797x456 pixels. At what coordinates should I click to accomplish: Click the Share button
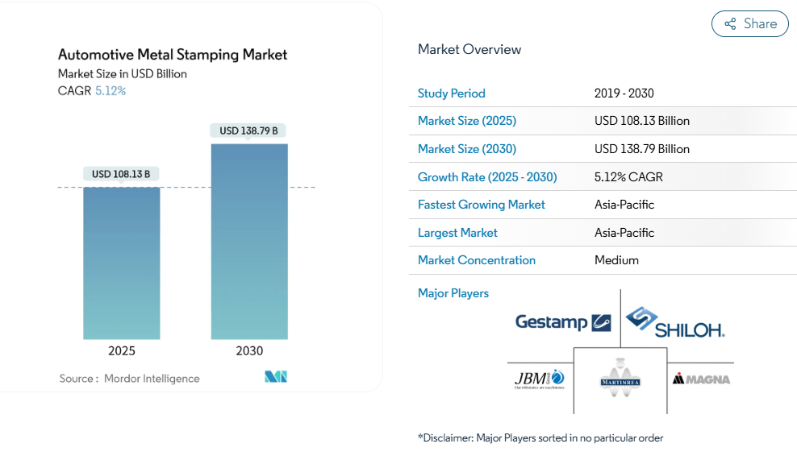point(749,24)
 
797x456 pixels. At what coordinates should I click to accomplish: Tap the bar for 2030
point(249,242)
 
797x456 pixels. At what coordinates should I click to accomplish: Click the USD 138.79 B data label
point(248,131)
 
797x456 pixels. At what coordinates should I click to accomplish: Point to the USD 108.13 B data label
point(121,174)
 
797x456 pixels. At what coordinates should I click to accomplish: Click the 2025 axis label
point(122,351)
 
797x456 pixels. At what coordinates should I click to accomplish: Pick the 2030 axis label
point(249,351)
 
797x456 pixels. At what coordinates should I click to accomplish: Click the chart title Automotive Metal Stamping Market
point(173,55)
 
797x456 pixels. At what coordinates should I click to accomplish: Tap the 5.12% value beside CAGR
point(111,91)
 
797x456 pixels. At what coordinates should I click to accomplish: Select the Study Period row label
point(452,93)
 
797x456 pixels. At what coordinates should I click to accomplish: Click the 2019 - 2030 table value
point(624,93)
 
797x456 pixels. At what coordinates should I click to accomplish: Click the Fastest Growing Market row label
point(482,205)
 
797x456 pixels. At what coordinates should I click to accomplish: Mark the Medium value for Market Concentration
point(616,260)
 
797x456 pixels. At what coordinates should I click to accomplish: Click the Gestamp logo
point(563,322)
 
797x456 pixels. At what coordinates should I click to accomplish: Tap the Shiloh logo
point(675,322)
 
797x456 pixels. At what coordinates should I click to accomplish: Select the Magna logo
point(701,378)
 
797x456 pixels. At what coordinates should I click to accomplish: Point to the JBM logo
point(540,378)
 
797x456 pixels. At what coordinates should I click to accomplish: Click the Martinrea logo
point(620,378)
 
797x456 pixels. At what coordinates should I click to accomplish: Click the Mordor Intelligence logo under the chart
point(276,377)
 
